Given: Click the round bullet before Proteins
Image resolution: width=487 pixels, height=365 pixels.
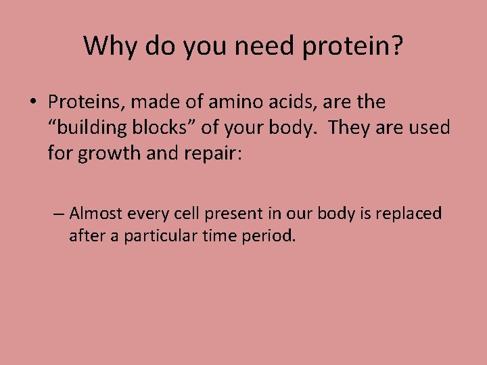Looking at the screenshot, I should click(x=32, y=103).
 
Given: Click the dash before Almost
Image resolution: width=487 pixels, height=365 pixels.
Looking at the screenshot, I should click(x=59, y=214).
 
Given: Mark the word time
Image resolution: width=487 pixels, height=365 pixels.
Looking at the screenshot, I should click(x=221, y=237).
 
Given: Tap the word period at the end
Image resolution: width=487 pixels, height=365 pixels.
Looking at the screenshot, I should click(x=269, y=237).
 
